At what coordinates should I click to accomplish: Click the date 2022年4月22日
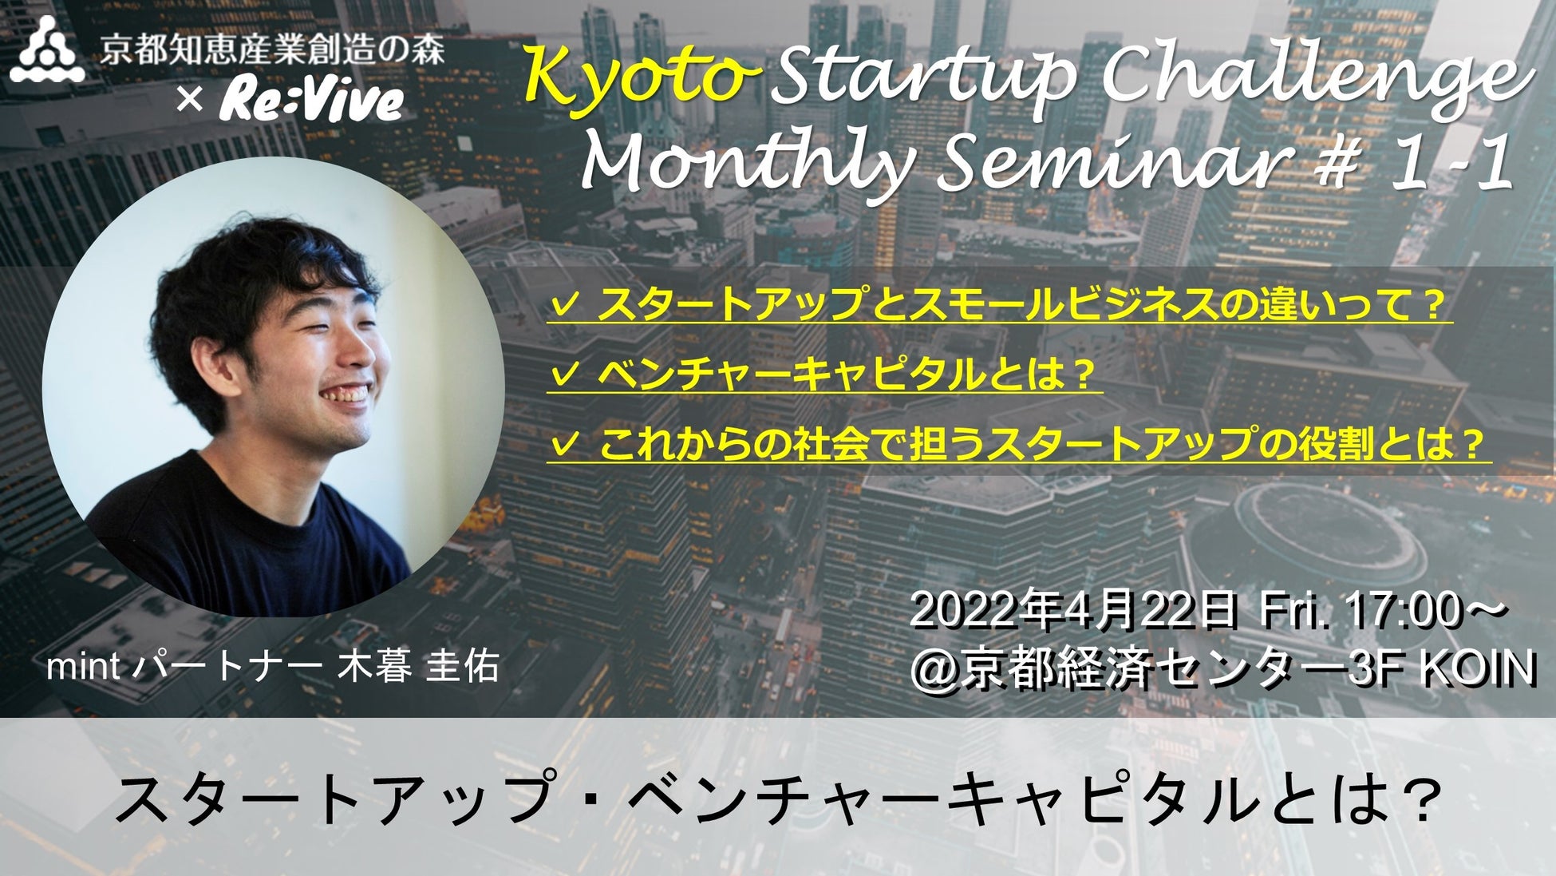tap(1073, 614)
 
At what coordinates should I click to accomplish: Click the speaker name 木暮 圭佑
tap(418, 667)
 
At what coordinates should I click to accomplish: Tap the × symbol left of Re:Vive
tap(188, 101)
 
